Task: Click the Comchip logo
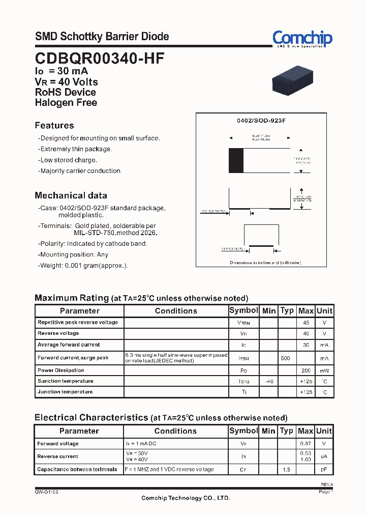302,39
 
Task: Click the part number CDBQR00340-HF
100,59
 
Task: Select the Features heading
54,126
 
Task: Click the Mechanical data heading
71,195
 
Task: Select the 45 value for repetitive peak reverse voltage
306,323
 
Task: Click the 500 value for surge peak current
286,358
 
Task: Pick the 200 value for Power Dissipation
306,370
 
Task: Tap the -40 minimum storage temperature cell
269,381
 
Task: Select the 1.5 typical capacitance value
287,470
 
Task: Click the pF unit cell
324,470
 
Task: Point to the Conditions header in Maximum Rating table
176,311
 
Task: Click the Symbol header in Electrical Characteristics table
243,431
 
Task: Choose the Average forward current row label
69,345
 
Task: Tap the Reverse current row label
58,456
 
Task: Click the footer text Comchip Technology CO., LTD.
186,498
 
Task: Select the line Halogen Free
66,102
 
